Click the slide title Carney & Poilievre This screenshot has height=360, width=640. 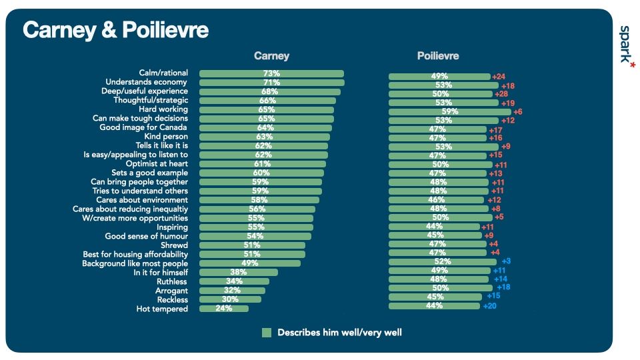tap(115, 31)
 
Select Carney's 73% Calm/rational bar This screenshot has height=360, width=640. tap(271, 73)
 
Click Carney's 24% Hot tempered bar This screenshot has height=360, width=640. tap(223, 309)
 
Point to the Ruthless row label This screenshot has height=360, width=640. tap(171, 281)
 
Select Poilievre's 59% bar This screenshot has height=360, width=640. tap(449, 112)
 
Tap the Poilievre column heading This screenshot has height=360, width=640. tap(437, 56)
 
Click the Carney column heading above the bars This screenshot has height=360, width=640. tap(271, 56)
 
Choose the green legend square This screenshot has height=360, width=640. tap(267, 332)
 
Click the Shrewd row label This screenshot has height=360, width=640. tap(174, 245)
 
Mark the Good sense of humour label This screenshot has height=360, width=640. tap(147, 236)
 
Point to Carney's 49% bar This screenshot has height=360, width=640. tap(249, 263)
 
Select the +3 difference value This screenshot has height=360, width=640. tap(506, 261)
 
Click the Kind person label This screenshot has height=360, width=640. tap(166, 137)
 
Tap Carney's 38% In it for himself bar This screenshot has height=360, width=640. tap(238, 273)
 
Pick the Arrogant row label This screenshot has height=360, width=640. tap(171, 291)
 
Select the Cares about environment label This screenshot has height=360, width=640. tap(142, 200)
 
